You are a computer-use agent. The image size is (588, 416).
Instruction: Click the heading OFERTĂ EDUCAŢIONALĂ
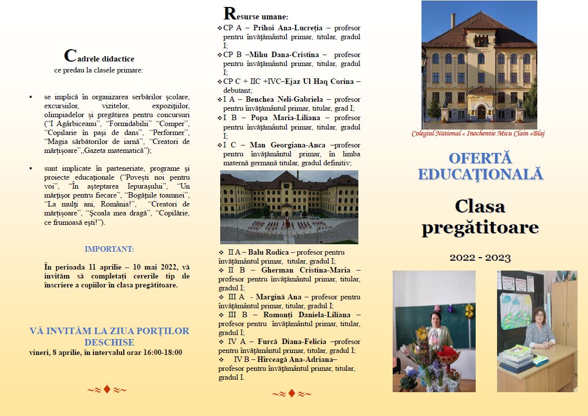pyautogui.click(x=480, y=166)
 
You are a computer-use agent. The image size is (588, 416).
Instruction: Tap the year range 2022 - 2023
pyautogui.click(x=480, y=258)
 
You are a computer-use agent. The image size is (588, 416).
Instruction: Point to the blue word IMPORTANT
pyautogui.click(x=109, y=249)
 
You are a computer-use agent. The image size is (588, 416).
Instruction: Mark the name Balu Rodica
pyautogui.click(x=268, y=252)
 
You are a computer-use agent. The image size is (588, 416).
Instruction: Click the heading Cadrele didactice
pyautogui.click(x=99, y=57)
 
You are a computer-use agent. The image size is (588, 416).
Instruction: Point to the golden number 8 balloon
pyautogui.click(x=469, y=311)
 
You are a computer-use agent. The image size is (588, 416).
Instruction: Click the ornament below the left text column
pyautogui.click(x=107, y=390)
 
